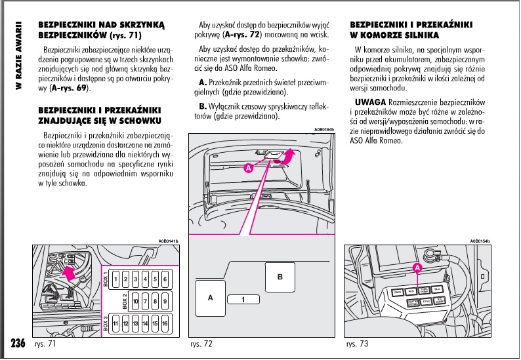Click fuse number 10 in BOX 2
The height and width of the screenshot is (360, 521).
point(135,302)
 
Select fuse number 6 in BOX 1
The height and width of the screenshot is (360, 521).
point(164,279)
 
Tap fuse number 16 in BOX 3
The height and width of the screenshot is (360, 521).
point(164,323)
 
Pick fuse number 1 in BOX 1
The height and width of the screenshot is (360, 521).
point(115,279)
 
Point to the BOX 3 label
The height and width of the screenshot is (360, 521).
point(105,324)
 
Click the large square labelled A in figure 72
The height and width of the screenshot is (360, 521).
point(211,298)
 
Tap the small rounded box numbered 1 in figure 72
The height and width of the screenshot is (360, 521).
point(242,300)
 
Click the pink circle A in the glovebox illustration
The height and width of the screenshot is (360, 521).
point(248,168)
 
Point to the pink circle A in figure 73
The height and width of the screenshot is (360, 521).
point(417,268)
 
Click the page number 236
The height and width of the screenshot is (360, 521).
point(18,344)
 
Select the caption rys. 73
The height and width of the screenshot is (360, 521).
point(357,344)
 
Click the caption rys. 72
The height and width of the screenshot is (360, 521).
point(201,344)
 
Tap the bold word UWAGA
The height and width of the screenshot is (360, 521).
point(370,103)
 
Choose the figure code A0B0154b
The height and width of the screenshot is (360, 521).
point(480,241)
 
